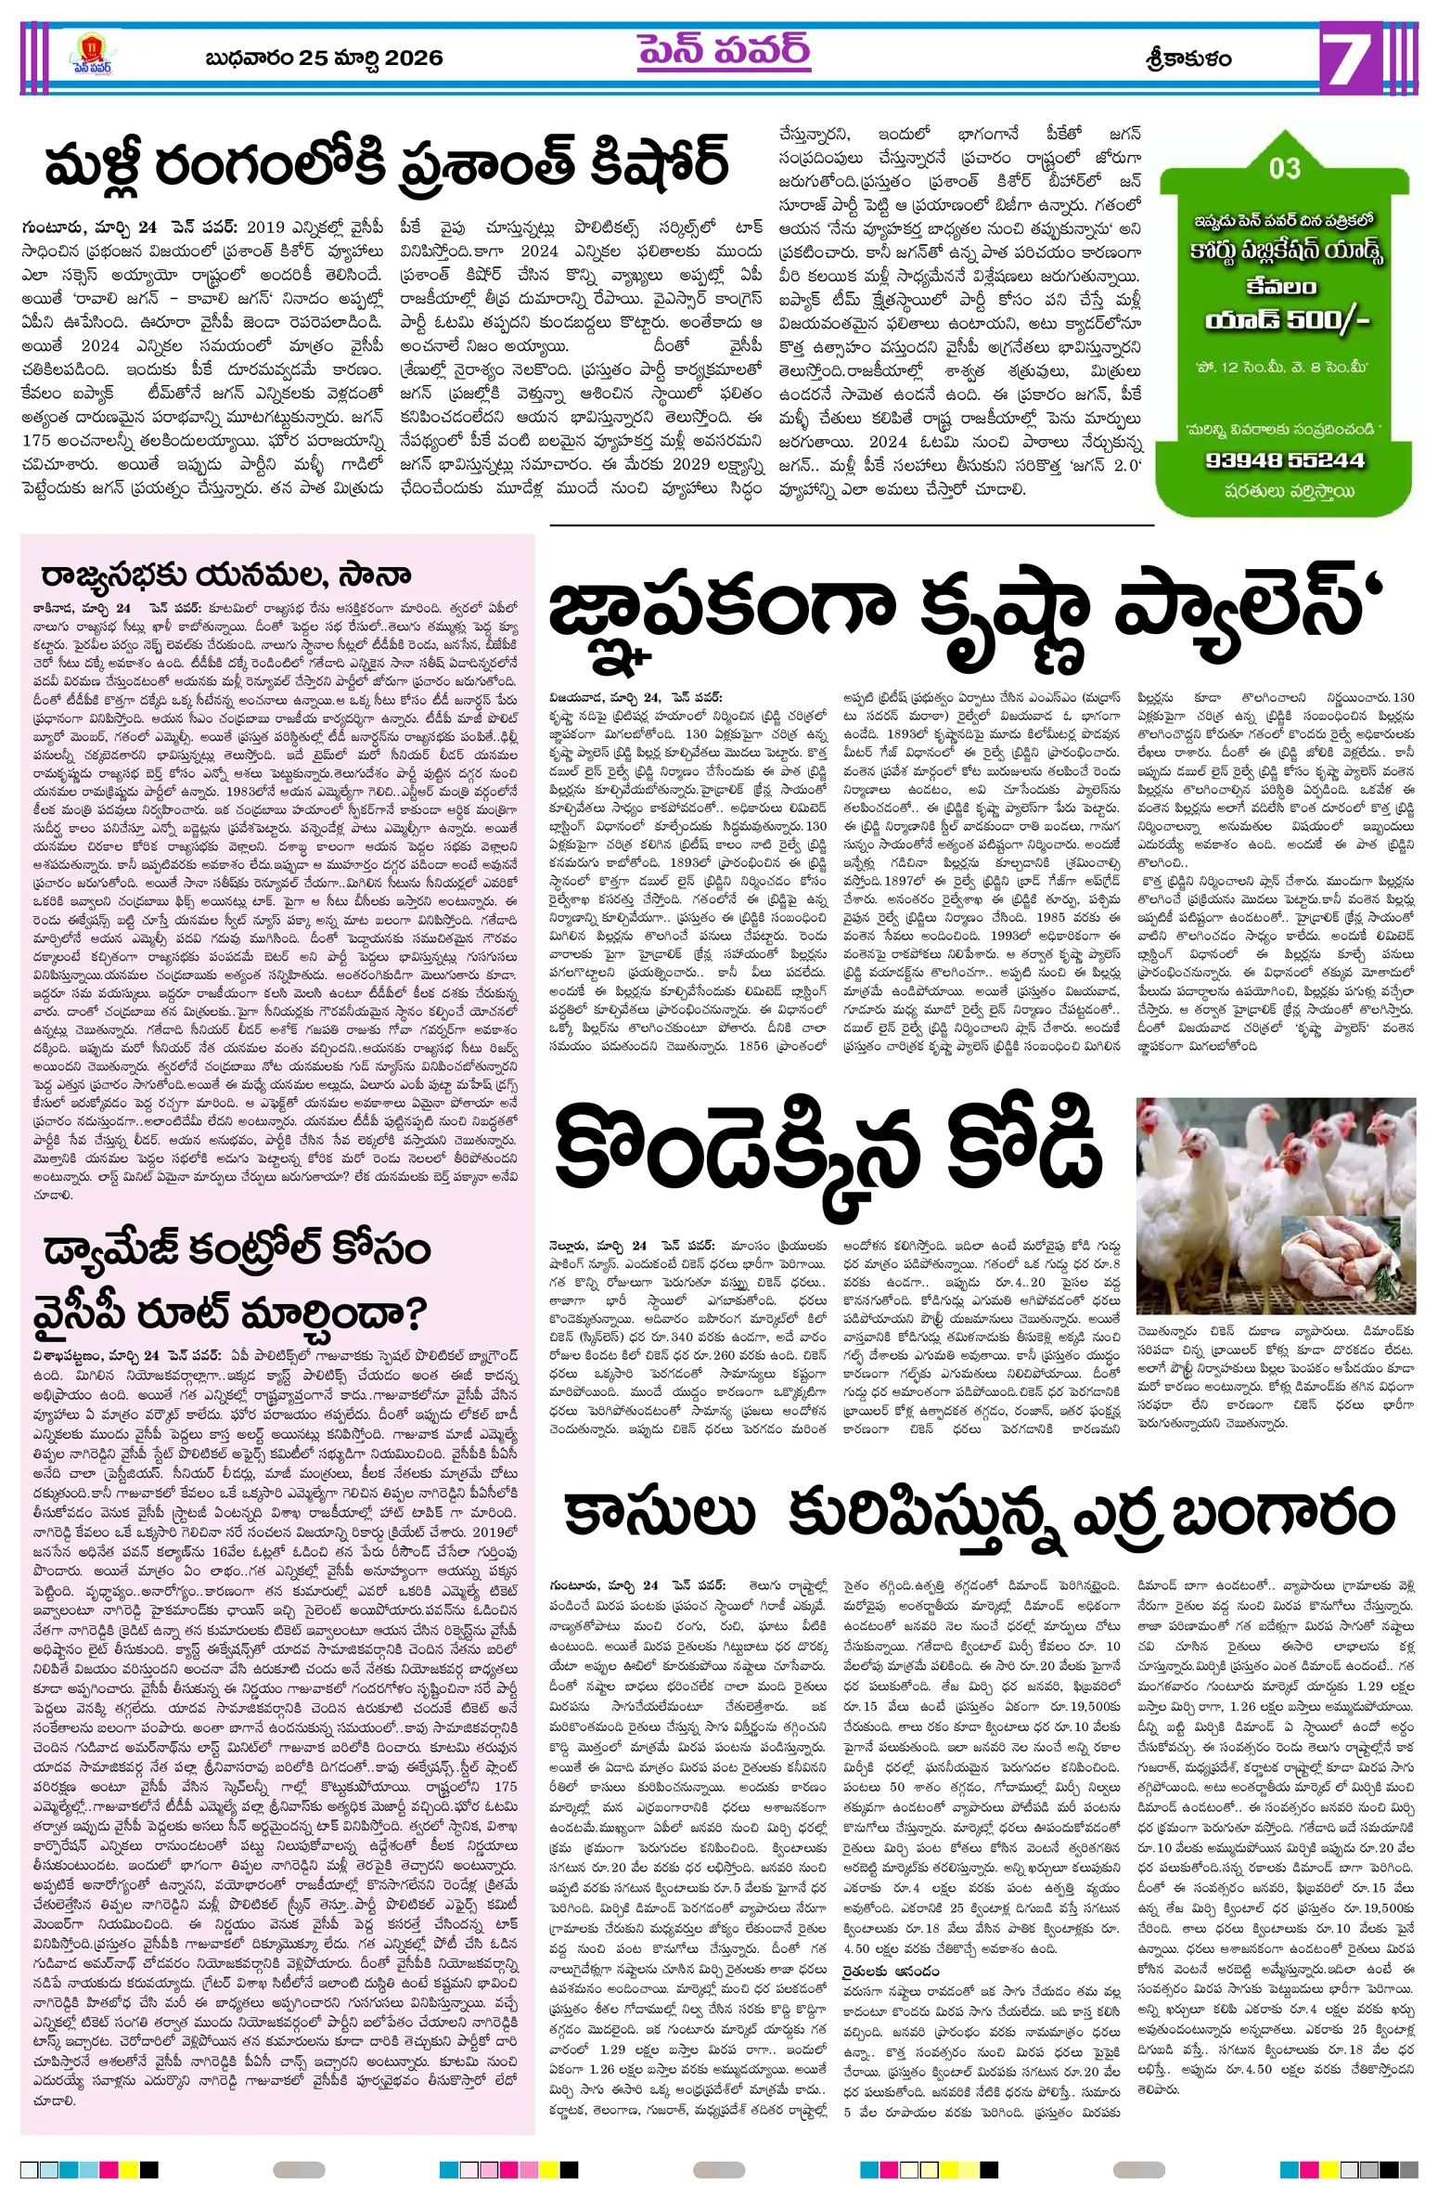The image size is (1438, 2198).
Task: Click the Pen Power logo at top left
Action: point(92,57)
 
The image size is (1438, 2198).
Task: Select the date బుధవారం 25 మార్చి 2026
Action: point(324,58)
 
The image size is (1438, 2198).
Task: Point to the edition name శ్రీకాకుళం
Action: point(1188,58)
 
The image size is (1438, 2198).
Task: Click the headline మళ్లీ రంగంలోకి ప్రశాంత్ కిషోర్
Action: point(386,163)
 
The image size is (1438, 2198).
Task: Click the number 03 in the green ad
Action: point(1285,168)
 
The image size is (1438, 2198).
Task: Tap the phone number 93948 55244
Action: point(1285,460)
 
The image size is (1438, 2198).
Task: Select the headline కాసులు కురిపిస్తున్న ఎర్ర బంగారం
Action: point(981,1515)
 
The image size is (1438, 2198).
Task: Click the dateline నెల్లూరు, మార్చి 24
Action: point(599,1245)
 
